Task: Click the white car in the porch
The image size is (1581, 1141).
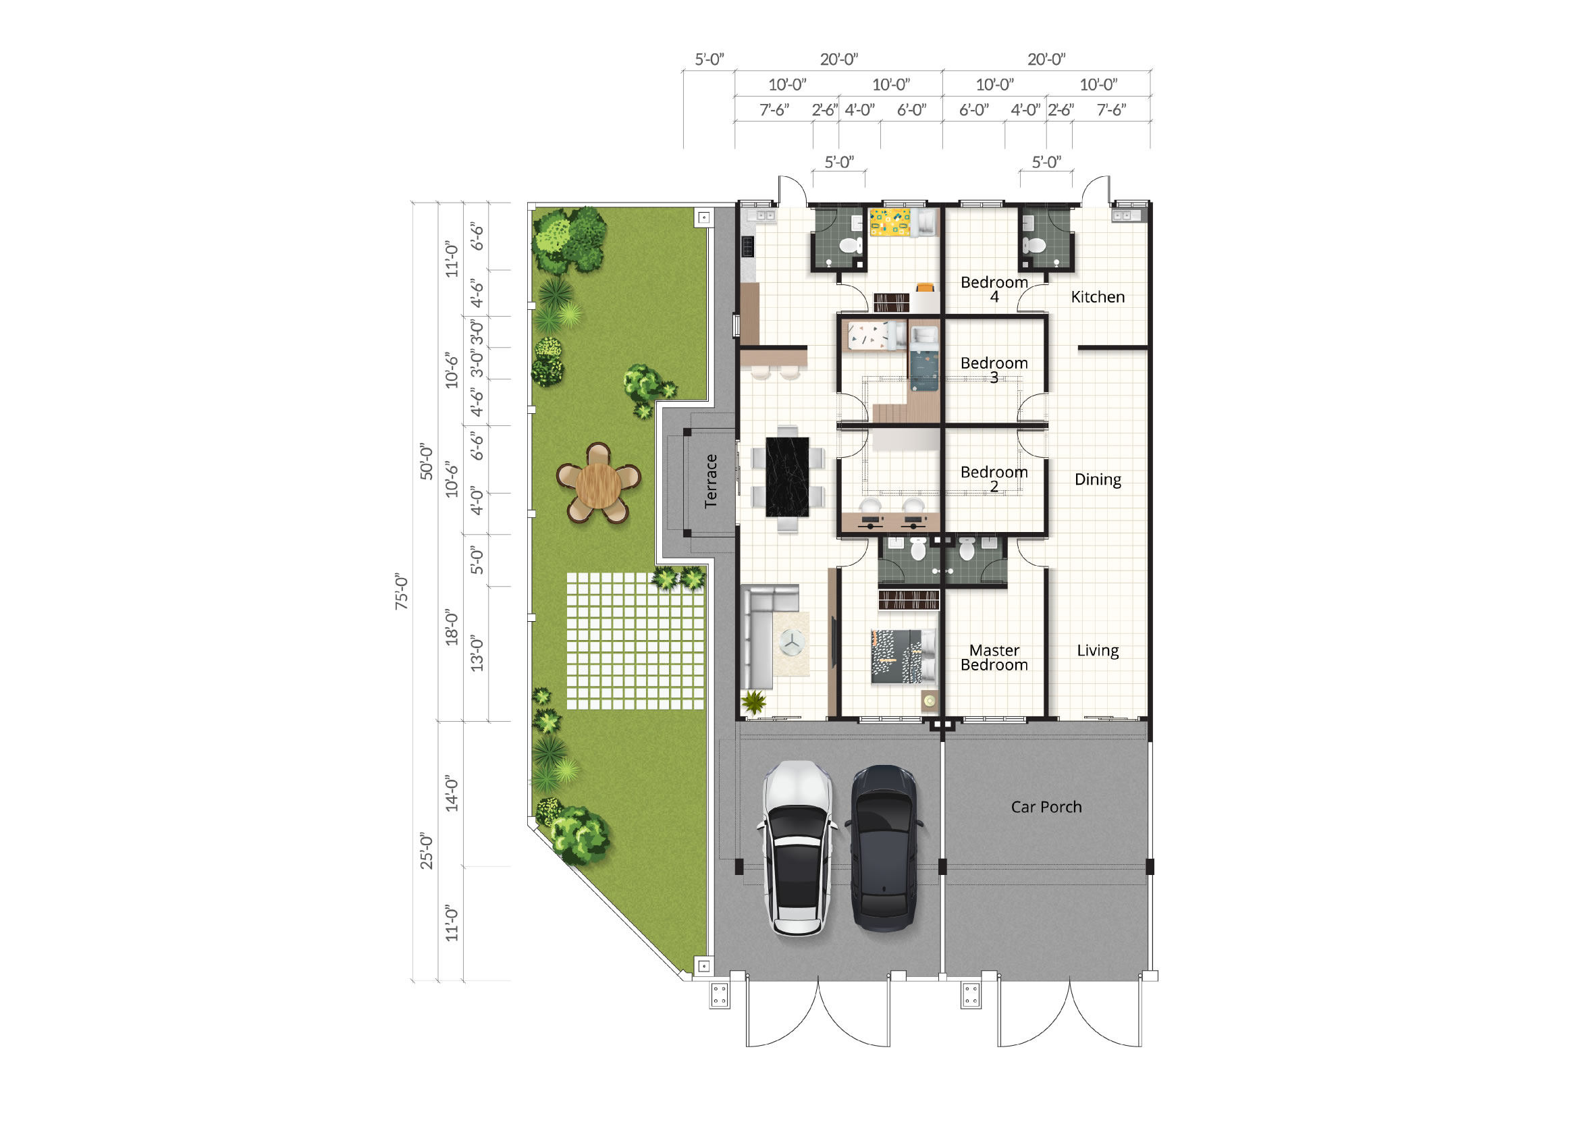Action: (797, 848)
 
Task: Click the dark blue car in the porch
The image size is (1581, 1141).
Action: (884, 848)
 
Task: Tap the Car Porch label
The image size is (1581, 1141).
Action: (1046, 807)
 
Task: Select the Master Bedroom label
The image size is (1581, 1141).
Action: (994, 658)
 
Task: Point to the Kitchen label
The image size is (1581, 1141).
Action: (1098, 297)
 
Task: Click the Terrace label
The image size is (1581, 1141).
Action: (710, 481)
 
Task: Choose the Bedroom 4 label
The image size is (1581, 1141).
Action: (994, 289)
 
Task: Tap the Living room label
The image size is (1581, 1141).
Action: (1098, 650)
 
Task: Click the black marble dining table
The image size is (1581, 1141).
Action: (788, 477)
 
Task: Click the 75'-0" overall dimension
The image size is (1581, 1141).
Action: (402, 591)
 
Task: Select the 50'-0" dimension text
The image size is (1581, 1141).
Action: (426, 461)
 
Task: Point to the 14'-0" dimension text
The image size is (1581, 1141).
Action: (452, 793)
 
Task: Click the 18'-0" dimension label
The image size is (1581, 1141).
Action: (452, 627)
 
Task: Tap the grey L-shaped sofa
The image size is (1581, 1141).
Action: (763, 636)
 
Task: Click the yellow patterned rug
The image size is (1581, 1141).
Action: (890, 222)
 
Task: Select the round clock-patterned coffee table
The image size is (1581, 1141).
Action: (791, 642)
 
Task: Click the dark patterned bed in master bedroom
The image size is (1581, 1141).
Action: (904, 656)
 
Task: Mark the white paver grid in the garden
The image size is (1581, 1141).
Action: (635, 641)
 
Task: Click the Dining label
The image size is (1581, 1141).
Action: (1098, 479)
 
